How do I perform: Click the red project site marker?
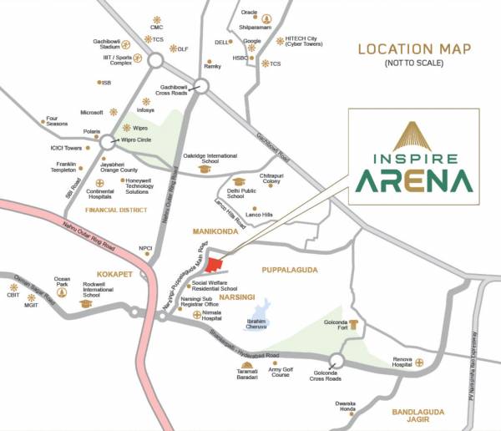click(x=216, y=266)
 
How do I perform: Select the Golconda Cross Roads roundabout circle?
click(x=337, y=362)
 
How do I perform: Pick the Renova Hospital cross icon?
click(x=420, y=363)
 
